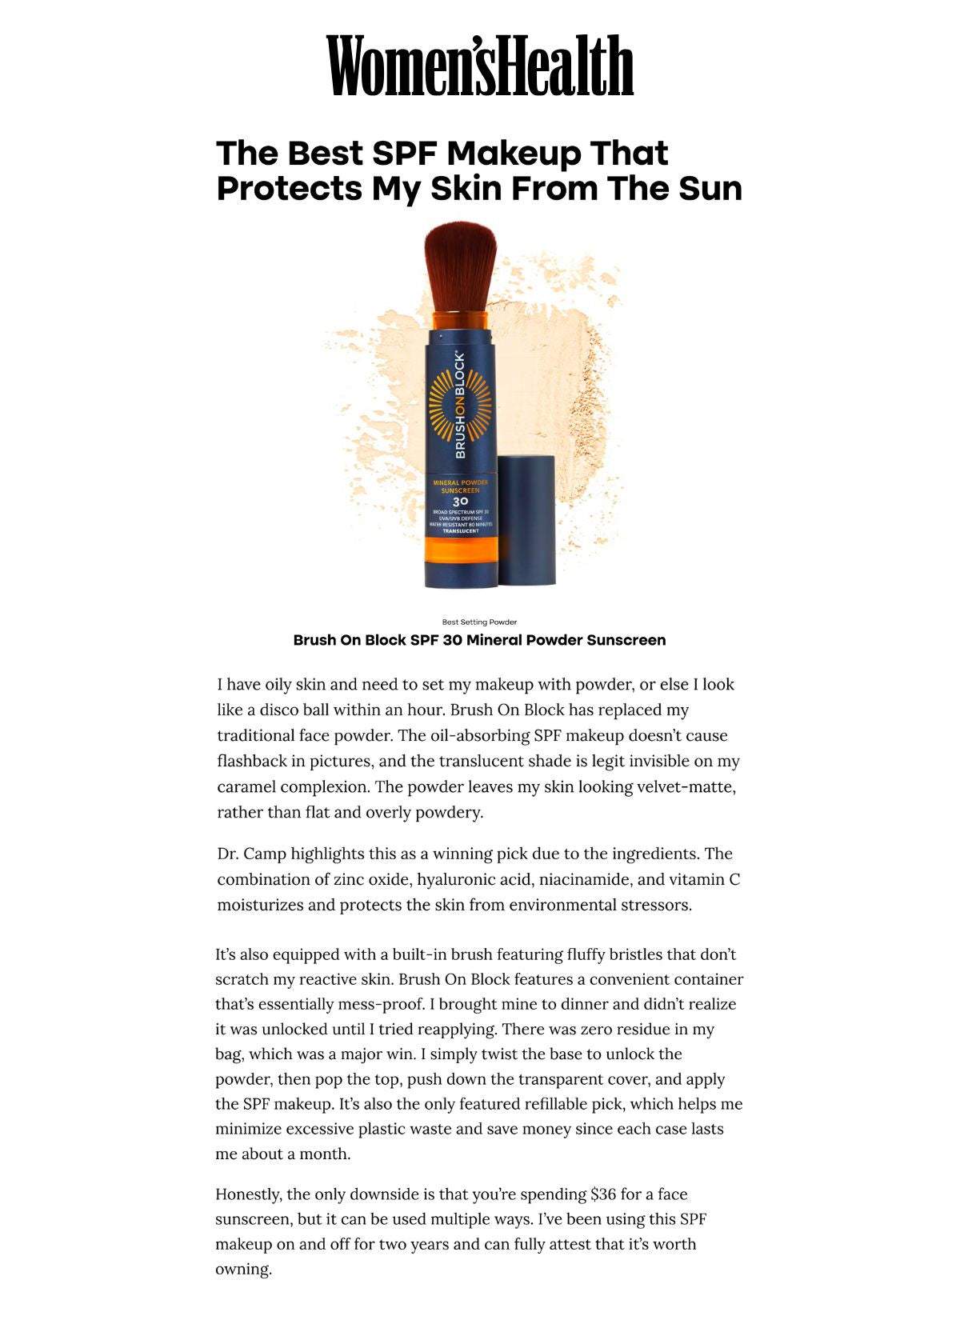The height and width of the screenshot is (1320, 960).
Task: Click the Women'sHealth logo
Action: point(480,66)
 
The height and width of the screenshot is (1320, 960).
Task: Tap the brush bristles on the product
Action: point(460,268)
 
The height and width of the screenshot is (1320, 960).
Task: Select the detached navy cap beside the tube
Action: point(526,520)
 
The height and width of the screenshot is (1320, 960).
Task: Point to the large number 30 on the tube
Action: point(460,502)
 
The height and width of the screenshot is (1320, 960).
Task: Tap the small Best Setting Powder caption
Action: point(479,622)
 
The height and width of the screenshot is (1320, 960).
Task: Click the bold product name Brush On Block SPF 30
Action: point(479,640)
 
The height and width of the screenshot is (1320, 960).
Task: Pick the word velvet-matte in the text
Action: point(686,786)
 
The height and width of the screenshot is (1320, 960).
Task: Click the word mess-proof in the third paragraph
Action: point(374,1004)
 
